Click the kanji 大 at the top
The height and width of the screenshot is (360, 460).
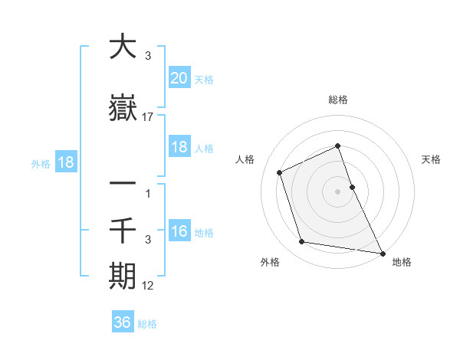123,47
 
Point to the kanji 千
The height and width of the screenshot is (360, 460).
123,229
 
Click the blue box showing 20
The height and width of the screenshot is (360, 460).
179,78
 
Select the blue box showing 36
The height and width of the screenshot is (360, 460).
123,322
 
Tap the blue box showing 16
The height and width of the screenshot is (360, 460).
179,231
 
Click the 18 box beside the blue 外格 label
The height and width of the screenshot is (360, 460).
65,162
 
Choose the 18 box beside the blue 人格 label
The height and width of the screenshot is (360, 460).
179,147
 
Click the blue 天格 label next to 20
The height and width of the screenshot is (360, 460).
204,80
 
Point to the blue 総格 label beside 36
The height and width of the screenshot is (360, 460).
147,324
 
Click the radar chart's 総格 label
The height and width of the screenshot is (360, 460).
338,100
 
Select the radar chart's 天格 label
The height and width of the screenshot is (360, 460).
431,159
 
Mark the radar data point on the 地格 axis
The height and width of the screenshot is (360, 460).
383,252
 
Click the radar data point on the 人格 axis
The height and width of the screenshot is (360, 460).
280,172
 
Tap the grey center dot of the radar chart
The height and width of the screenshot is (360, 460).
338,191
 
